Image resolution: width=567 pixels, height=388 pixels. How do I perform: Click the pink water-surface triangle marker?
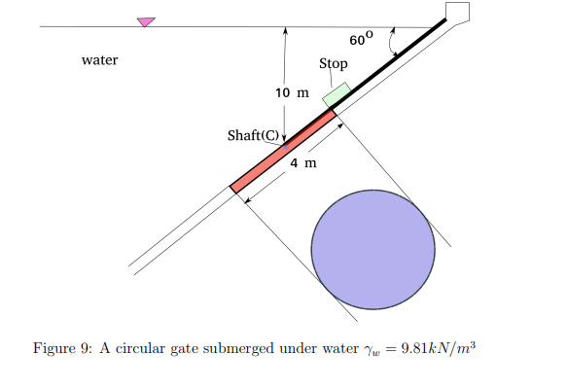[146, 21]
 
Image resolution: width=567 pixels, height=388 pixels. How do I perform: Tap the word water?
[100, 60]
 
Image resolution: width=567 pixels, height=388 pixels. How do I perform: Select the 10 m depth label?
[291, 93]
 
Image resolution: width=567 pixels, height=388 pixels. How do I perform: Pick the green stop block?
[336, 94]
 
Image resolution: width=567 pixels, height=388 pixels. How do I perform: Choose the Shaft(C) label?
[253, 135]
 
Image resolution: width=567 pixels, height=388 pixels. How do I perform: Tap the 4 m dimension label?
[303, 162]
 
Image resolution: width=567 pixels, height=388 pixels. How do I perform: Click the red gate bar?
[283, 150]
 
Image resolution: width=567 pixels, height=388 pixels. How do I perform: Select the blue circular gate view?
[372, 250]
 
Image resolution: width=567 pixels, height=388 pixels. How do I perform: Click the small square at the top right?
[456, 12]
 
